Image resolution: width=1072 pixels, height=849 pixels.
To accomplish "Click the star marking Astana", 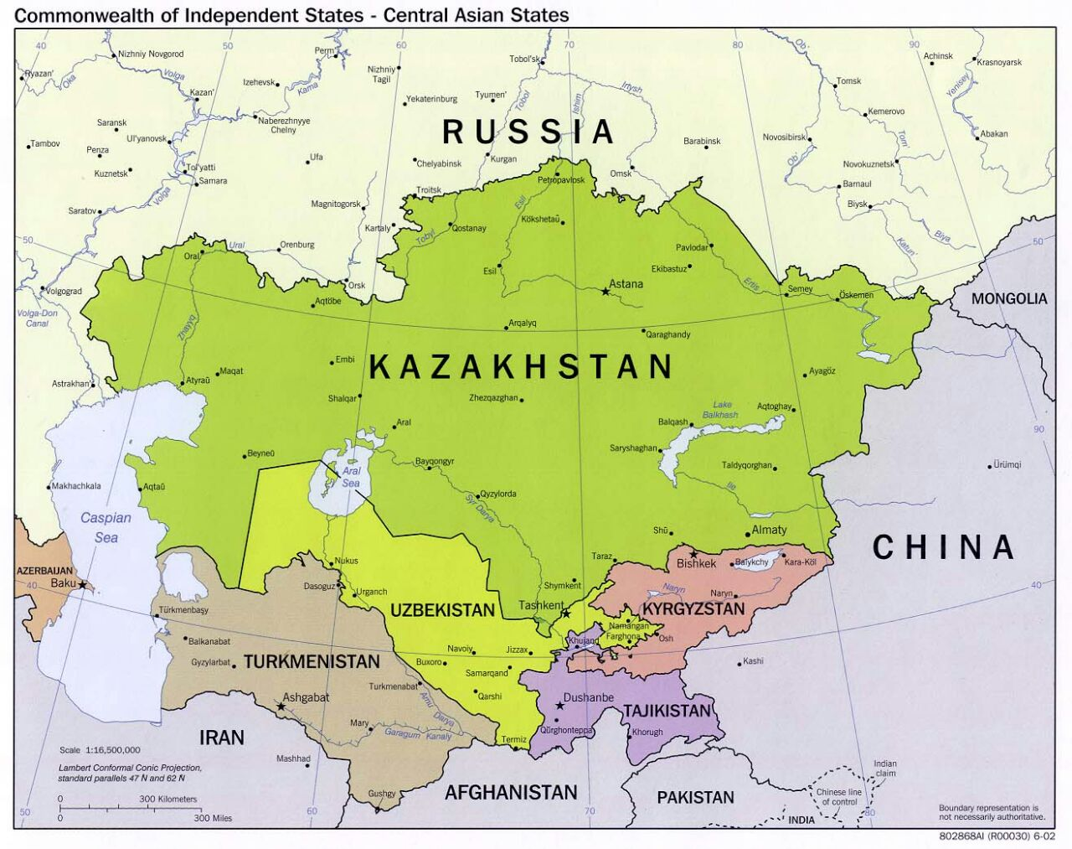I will (x=606, y=292).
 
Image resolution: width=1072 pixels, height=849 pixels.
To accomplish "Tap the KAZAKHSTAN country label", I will (x=521, y=367).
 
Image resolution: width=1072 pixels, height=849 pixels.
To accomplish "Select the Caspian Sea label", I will (x=106, y=527).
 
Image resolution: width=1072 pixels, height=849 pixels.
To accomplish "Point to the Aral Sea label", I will (x=351, y=477).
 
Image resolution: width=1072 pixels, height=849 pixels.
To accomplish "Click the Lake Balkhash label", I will (x=720, y=410).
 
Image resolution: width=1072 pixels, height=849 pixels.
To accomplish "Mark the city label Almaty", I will (x=769, y=530).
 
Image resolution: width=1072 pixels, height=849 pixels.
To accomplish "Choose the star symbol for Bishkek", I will (x=693, y=554).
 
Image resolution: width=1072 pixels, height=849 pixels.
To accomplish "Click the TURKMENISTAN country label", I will (x=312, y=662).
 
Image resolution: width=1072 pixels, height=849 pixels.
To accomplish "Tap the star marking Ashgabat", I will (x=281, y=707).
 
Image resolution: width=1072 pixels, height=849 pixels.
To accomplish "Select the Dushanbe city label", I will (x=589, y=697).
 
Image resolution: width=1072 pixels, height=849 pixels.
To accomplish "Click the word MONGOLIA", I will (x=1009, y=298).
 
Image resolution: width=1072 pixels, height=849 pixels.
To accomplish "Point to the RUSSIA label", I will (x=528, y=132).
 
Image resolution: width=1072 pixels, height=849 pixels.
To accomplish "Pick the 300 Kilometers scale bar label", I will (x=167, y=799).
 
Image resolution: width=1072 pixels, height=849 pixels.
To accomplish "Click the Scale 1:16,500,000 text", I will (x=100, y=750).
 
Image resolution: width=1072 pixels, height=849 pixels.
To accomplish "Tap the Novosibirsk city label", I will (x=784, y=137).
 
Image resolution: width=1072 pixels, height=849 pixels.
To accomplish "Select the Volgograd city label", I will (x=64, y=292).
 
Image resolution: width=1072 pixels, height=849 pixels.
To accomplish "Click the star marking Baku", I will (x=83, y=584).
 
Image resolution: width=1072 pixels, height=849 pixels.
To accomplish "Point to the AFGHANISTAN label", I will (x=511, y=792).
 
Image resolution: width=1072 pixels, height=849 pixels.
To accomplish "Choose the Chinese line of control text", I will (x=838, y=797).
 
